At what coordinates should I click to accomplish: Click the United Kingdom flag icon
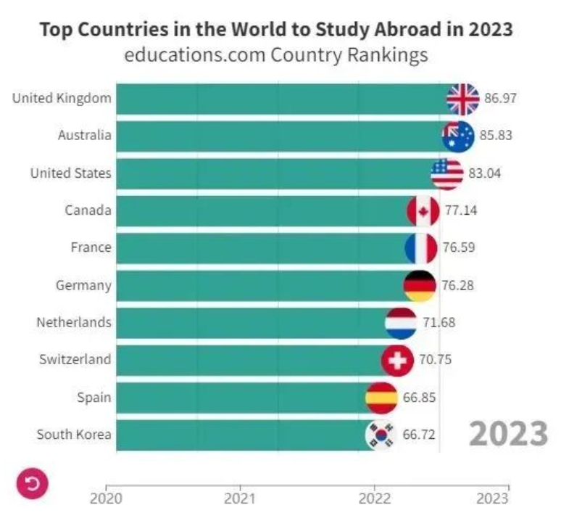pyautogui.click(x=462, y=99)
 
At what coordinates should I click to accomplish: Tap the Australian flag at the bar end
pyautogui.click(x=458, y=136)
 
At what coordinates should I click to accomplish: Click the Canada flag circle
pyautogui.click(x=423, y=211)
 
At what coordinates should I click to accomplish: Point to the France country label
pyautogui.click(x=91, y=247)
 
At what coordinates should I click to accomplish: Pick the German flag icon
pyautogui.click(x=420, y=285)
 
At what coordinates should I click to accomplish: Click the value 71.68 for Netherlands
pyautogui.click(x=439, y=322)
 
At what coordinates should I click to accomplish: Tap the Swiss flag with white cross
pyautogui.click(x=397, y=360)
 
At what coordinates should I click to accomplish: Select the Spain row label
pyautogui.click(x=94, y=397)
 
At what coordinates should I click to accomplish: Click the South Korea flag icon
pyautogui.click(x=381, y=435)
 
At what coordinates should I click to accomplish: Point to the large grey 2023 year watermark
pyautogui.click(x=507, y=434)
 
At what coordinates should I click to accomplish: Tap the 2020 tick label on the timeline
pyautogui.click(x=106, y=498)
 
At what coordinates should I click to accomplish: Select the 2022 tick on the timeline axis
pyautogui.click(x=375, y=498)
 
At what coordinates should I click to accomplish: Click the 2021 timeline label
pyautogui.click(x=240, y=498)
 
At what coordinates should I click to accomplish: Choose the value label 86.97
pyautogui.click(x=501, y=98)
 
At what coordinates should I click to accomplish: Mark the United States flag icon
pyautogui.click(x=447, y=173)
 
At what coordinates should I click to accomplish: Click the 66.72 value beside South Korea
pyautogui.click(x=418, y=435)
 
